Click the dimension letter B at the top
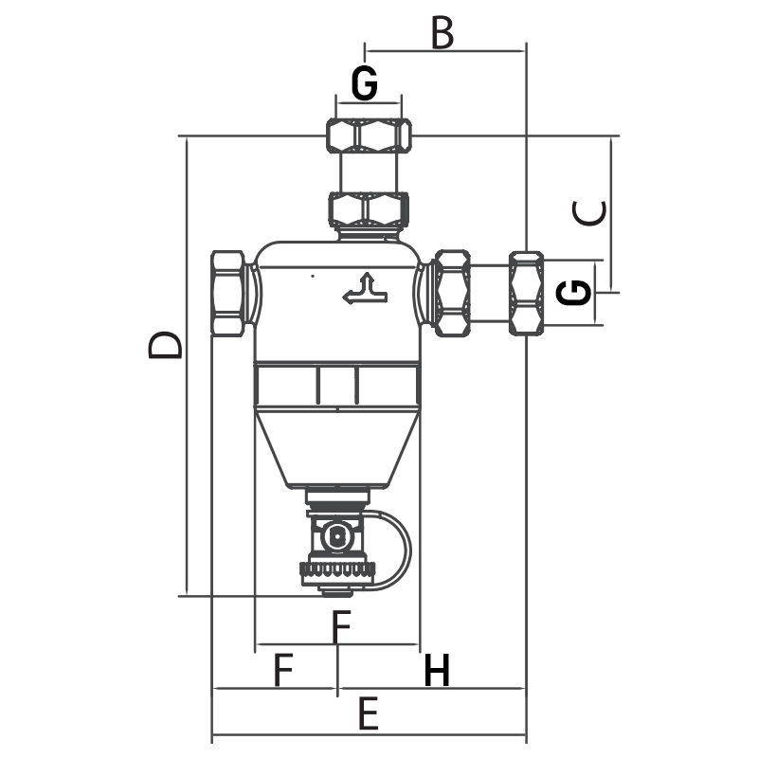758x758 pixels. coord(442,33)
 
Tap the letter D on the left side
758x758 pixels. coord(165,345)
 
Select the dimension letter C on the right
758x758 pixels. coord(589,212)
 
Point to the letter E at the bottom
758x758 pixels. coord(369,714)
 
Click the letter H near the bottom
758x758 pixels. coord(437,670)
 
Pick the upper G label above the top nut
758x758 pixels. coord(365,82)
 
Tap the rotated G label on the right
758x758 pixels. coord(574,292)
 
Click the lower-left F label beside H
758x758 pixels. coord(283,670)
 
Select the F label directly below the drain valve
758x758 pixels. coord(341,627)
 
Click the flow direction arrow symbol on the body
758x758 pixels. coord(365,289)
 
